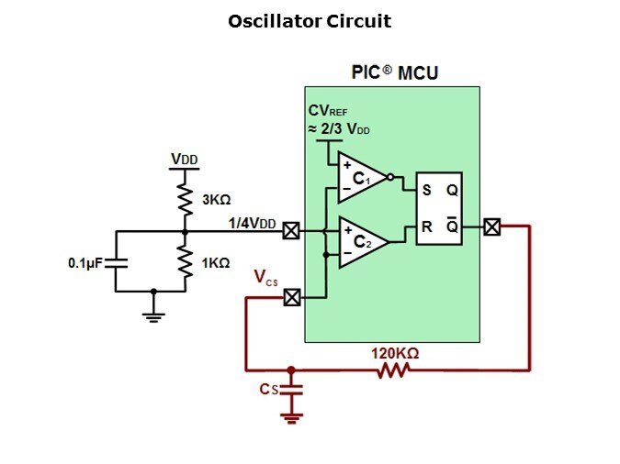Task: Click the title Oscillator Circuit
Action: point(310,21)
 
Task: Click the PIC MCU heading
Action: point(395,72)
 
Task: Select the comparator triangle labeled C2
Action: point(359,242)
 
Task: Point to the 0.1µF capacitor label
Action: point(85,263)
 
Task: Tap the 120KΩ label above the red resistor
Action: point(395,352)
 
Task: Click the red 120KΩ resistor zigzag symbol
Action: point(393,370)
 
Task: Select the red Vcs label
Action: point(266,279)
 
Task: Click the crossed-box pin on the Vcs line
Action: point(291,297)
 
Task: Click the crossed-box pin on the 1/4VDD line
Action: point(291,231)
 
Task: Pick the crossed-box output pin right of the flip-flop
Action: point(492,226)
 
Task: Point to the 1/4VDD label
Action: point(252,223)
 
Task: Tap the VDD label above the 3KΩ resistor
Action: point(185,160)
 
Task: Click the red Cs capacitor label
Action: point(267,390)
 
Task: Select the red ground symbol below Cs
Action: point(292,417)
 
